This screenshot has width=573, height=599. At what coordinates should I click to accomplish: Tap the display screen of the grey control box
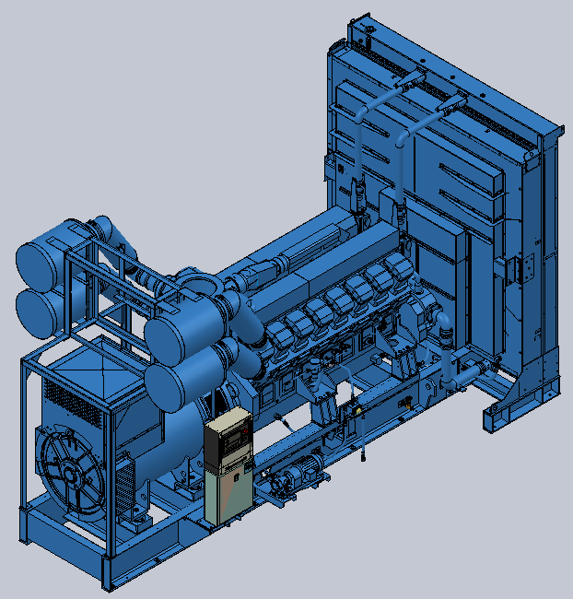[x=229, y=431]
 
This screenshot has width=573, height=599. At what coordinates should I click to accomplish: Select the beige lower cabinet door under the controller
[x=228, y=493]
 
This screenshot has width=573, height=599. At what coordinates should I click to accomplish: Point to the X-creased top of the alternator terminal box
[x=92, y=368]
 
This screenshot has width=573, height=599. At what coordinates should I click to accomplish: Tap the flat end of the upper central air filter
[x=167, y=333]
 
